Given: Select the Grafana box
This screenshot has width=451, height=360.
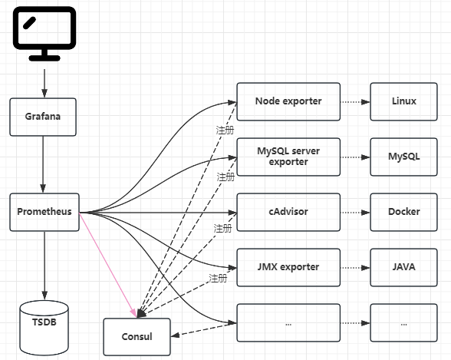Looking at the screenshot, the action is tap(43, 117).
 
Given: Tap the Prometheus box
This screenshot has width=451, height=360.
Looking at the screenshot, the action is tap(44, 212).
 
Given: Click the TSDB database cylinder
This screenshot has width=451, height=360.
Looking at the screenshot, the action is tap(44, 328).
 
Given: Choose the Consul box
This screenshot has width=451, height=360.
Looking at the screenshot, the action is tap(137, 337).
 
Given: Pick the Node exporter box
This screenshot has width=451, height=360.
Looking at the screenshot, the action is tap(288, 101).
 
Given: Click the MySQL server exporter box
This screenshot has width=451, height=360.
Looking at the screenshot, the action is tap(288, 157).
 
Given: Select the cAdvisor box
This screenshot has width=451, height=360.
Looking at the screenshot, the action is tap(288, 212).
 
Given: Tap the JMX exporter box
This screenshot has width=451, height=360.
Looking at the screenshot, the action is tap(288, 267).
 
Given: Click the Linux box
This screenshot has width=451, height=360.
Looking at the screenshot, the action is tap(403, 101).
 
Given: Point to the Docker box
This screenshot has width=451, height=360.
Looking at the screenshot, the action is tap(403, 212).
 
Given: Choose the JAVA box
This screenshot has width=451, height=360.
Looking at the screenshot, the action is tap(403, 267).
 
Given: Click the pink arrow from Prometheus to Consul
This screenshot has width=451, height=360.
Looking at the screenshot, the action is tap(108, 265).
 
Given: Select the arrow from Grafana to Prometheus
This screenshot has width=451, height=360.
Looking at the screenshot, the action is tap(43, 164).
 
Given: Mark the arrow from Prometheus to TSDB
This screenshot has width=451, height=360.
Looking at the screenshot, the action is tap(44, 266).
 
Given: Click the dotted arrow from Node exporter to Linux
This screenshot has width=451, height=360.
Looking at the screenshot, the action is tap(355, 102).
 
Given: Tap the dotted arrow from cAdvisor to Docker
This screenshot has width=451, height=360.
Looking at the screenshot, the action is tap(355, 213).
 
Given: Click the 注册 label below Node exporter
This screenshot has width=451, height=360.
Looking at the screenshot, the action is tap(225, 130).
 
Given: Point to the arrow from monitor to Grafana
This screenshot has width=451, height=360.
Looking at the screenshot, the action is tap(44, 84).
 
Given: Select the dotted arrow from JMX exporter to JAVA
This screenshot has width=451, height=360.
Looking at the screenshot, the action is tap(355, 268).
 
